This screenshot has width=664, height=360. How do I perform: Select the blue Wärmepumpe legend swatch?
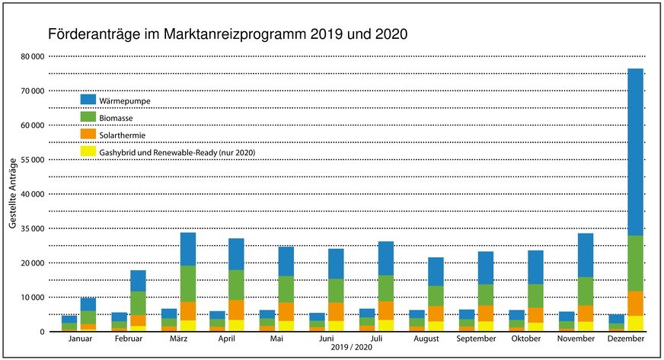pyautogui.click(x=88, y=99)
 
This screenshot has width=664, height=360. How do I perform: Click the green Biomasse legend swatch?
pyautogui.click(x=88, y=116)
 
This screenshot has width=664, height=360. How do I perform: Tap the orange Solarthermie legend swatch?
pyautogui.click(x=88, y=133)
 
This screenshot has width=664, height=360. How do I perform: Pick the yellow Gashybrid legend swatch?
pyautogui.click(x=88, y=151)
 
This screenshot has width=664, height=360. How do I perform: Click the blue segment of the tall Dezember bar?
pyautogui.click(x=635, y=152)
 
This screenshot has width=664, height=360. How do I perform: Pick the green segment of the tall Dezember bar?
pyautogui.click(x=635, y=263)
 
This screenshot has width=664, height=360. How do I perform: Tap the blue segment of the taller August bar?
pyautogui.click(x=436, y=271)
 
